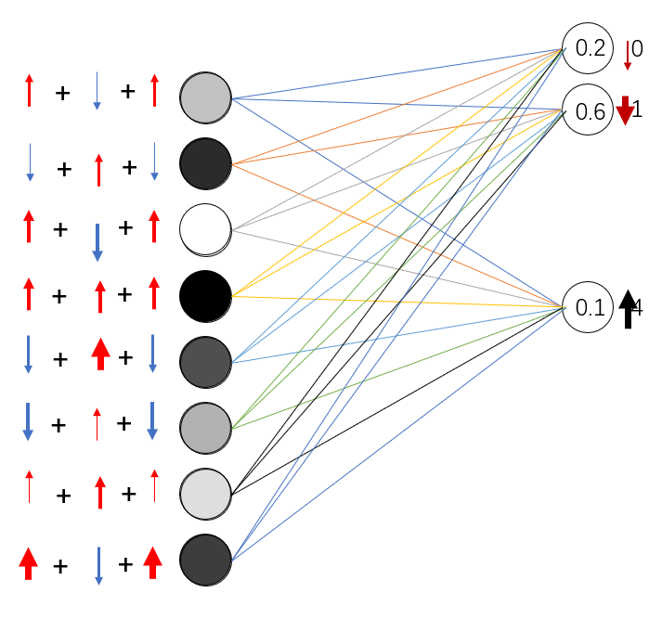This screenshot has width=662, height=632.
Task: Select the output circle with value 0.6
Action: (588, 112)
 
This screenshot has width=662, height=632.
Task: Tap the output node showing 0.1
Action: (588, 307)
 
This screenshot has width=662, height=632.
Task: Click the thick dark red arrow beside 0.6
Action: (625, 110)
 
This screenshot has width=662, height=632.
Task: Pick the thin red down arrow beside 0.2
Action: (628, 55)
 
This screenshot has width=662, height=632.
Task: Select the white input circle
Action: (205, 229)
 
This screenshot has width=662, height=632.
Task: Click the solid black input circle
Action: (205, 296)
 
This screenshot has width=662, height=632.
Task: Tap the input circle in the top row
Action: (205, 98)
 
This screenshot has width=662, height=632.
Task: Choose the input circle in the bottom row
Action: (205, 561)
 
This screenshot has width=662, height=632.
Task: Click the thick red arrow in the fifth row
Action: (100, 355)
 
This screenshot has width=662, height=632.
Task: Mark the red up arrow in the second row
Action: (98, 170)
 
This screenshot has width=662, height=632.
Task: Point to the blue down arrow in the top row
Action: (97, 91)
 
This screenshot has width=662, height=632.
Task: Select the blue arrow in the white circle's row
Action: (97, 241)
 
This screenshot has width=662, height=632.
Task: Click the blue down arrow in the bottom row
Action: (98, 565)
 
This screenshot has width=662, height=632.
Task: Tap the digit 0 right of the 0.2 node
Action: (638, 48)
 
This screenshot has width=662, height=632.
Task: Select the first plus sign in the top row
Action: (62, 93)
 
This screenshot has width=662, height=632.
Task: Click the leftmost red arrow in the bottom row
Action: (28, 563)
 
